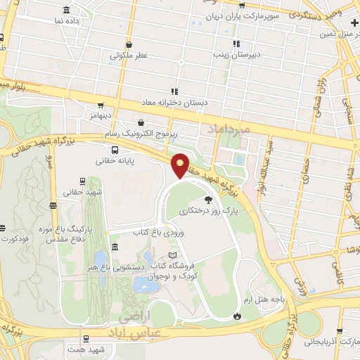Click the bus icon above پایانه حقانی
[x=115, y=149]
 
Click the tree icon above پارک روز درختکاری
[x=207, y=200]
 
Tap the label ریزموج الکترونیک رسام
[x=141, y=132]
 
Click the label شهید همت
[x=91, y=349]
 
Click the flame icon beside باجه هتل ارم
[x=238, y=316]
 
